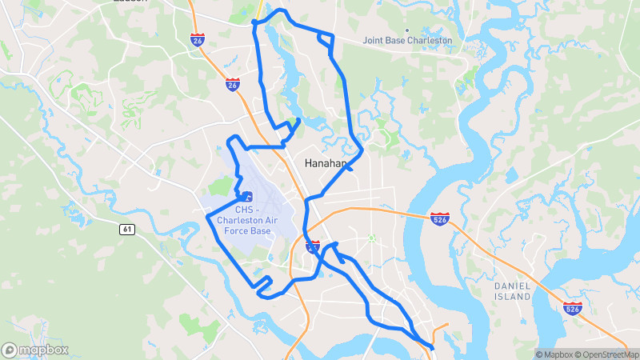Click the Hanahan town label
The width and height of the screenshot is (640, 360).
click(326, 163)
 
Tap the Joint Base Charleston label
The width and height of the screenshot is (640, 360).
click(407, 40)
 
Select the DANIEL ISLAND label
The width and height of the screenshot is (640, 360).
click(512, 290)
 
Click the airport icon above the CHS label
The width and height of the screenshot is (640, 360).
click(246, 195)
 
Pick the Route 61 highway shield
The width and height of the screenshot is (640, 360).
click(127, 230)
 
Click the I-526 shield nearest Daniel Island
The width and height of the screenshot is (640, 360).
click(571, 309)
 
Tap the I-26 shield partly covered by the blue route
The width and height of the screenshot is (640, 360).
click(313, 247)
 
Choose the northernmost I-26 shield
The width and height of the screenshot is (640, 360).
click(198, 38)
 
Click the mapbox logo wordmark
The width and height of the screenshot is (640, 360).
click(43, 350)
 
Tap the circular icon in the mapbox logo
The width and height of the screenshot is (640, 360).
click(10, 350)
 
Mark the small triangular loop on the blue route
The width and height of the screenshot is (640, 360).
click(326, 38)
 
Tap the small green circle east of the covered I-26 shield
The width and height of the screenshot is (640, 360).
click(371, 238)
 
